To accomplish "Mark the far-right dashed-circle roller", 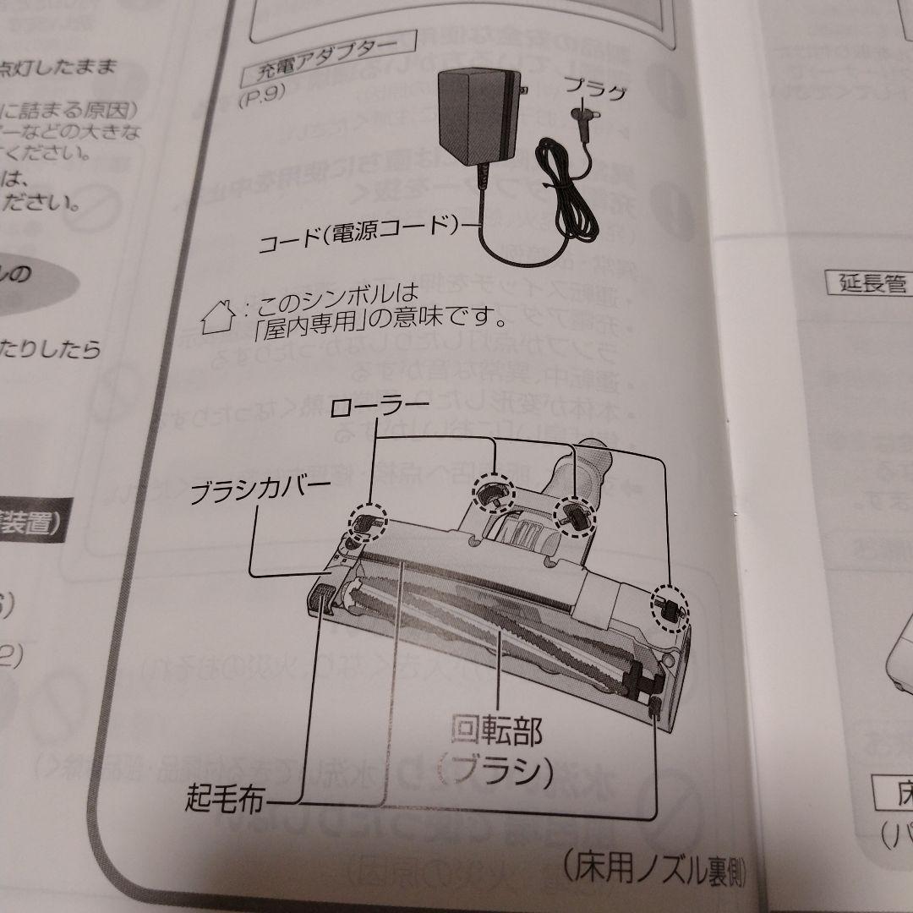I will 669,608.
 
